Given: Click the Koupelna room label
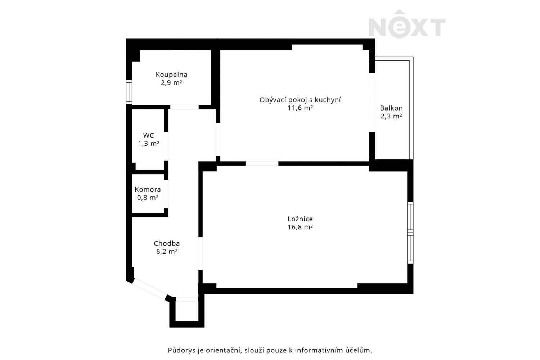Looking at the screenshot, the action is pyautogui.click(x=171, y=75).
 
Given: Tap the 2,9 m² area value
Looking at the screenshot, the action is pyautogui.click(x=171, y=83).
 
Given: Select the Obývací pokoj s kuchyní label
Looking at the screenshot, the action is pyautogui.click(x=300, y=100).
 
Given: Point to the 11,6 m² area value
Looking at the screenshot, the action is pyautogui.click(x=300, y=108).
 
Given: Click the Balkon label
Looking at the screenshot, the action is pyautogui.click(x=391, y=108).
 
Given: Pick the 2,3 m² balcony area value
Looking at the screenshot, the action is pyautogui.click(x=391, y=116).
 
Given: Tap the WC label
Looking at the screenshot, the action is pyautogui.click(x=148, y=135).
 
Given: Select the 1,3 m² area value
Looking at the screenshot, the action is pyautogui.click(x=148, y=144).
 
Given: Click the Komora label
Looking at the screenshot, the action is pyautogui.click(x=148, y=189).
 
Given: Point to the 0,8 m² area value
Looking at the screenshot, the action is pyautogui.click(x=148, y=198).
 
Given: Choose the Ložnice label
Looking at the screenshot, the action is pyautogui.click(x=300, y=219).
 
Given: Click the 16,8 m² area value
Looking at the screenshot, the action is pyautogui.click(x=300, y=227).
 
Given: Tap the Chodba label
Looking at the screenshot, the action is pyautogui.click(x=167, y=243).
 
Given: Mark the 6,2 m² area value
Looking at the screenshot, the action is pyautogui.click(x=167, y=252).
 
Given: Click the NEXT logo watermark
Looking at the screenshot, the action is pyautogui.click(x=407, y=24).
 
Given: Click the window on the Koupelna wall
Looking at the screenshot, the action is pyautogui.click(x=129, y=92).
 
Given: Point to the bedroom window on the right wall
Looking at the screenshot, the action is pyautogui.click(x=410, y=233).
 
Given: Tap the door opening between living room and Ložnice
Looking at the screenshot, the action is pyautogui.click(x=262, y=163).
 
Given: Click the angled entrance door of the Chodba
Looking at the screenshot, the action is pyautogui.click(x=149, y=289).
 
